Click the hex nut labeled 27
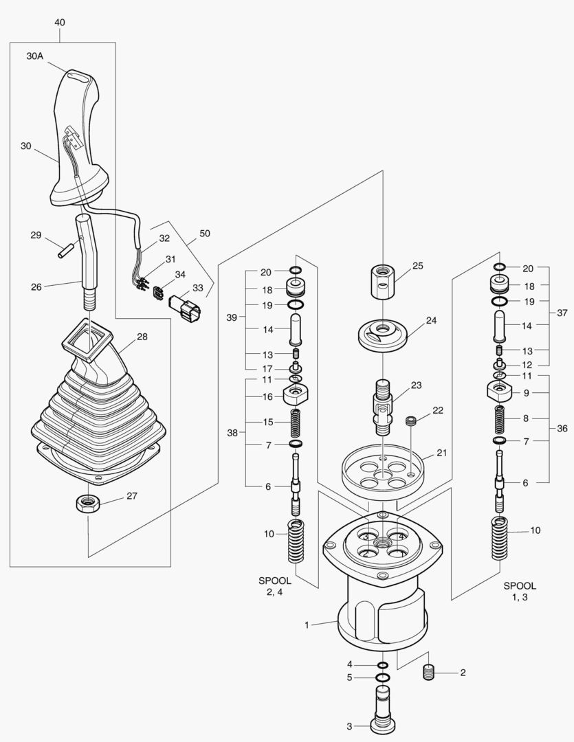[x=88, y=503]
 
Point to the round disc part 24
[x=383, y=335]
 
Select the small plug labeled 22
[x=412, y=420]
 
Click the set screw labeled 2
[x=430, y=673]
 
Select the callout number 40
[x=60, y=23]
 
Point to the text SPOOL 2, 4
[x=274, y=587]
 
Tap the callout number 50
[x=205, y=234]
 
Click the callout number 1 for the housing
[x=308, y=625]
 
